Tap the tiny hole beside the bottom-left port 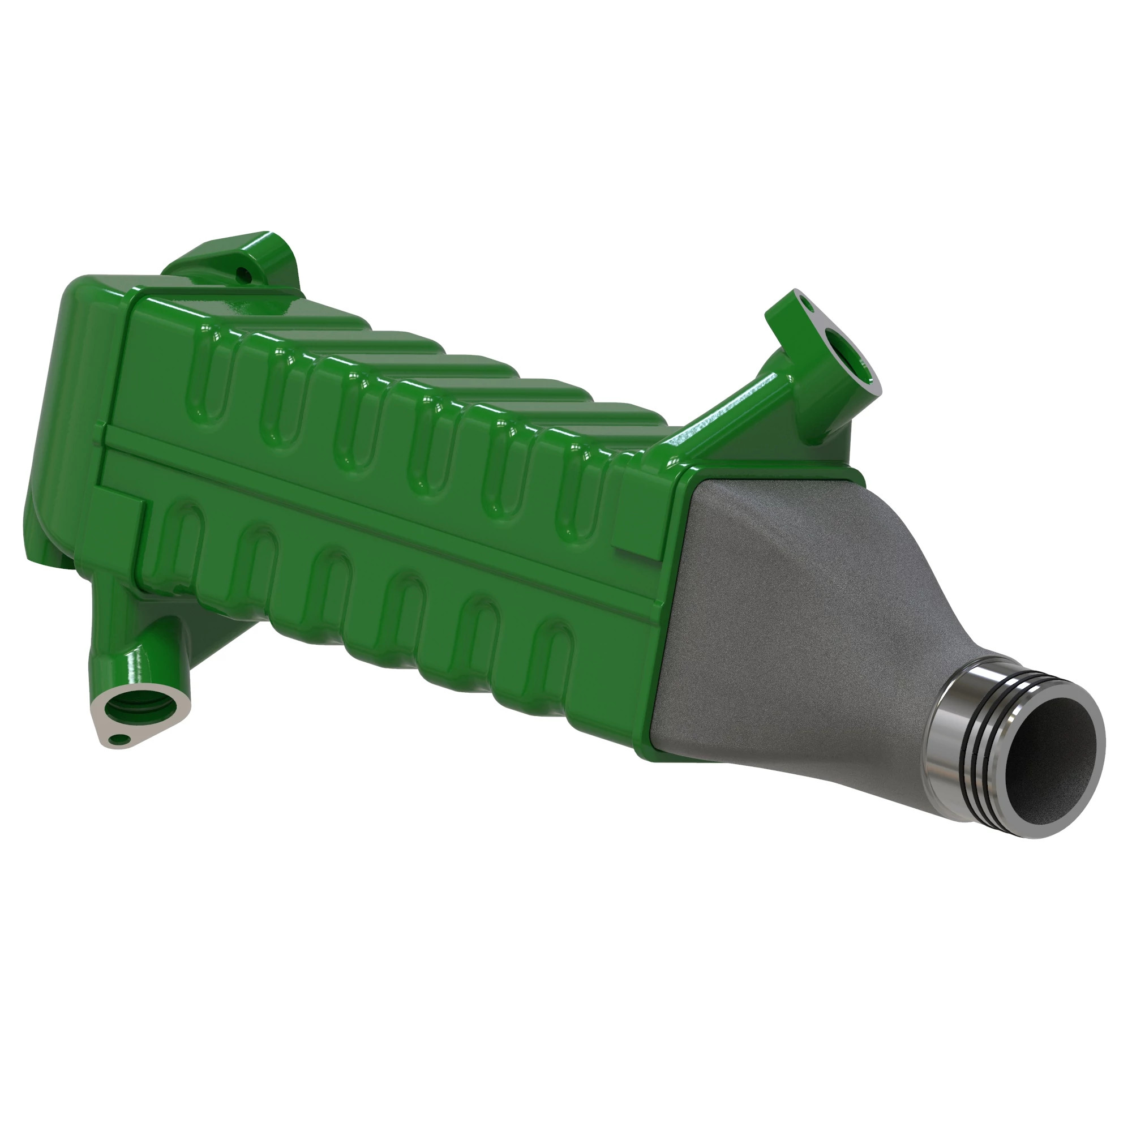(121, 739)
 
